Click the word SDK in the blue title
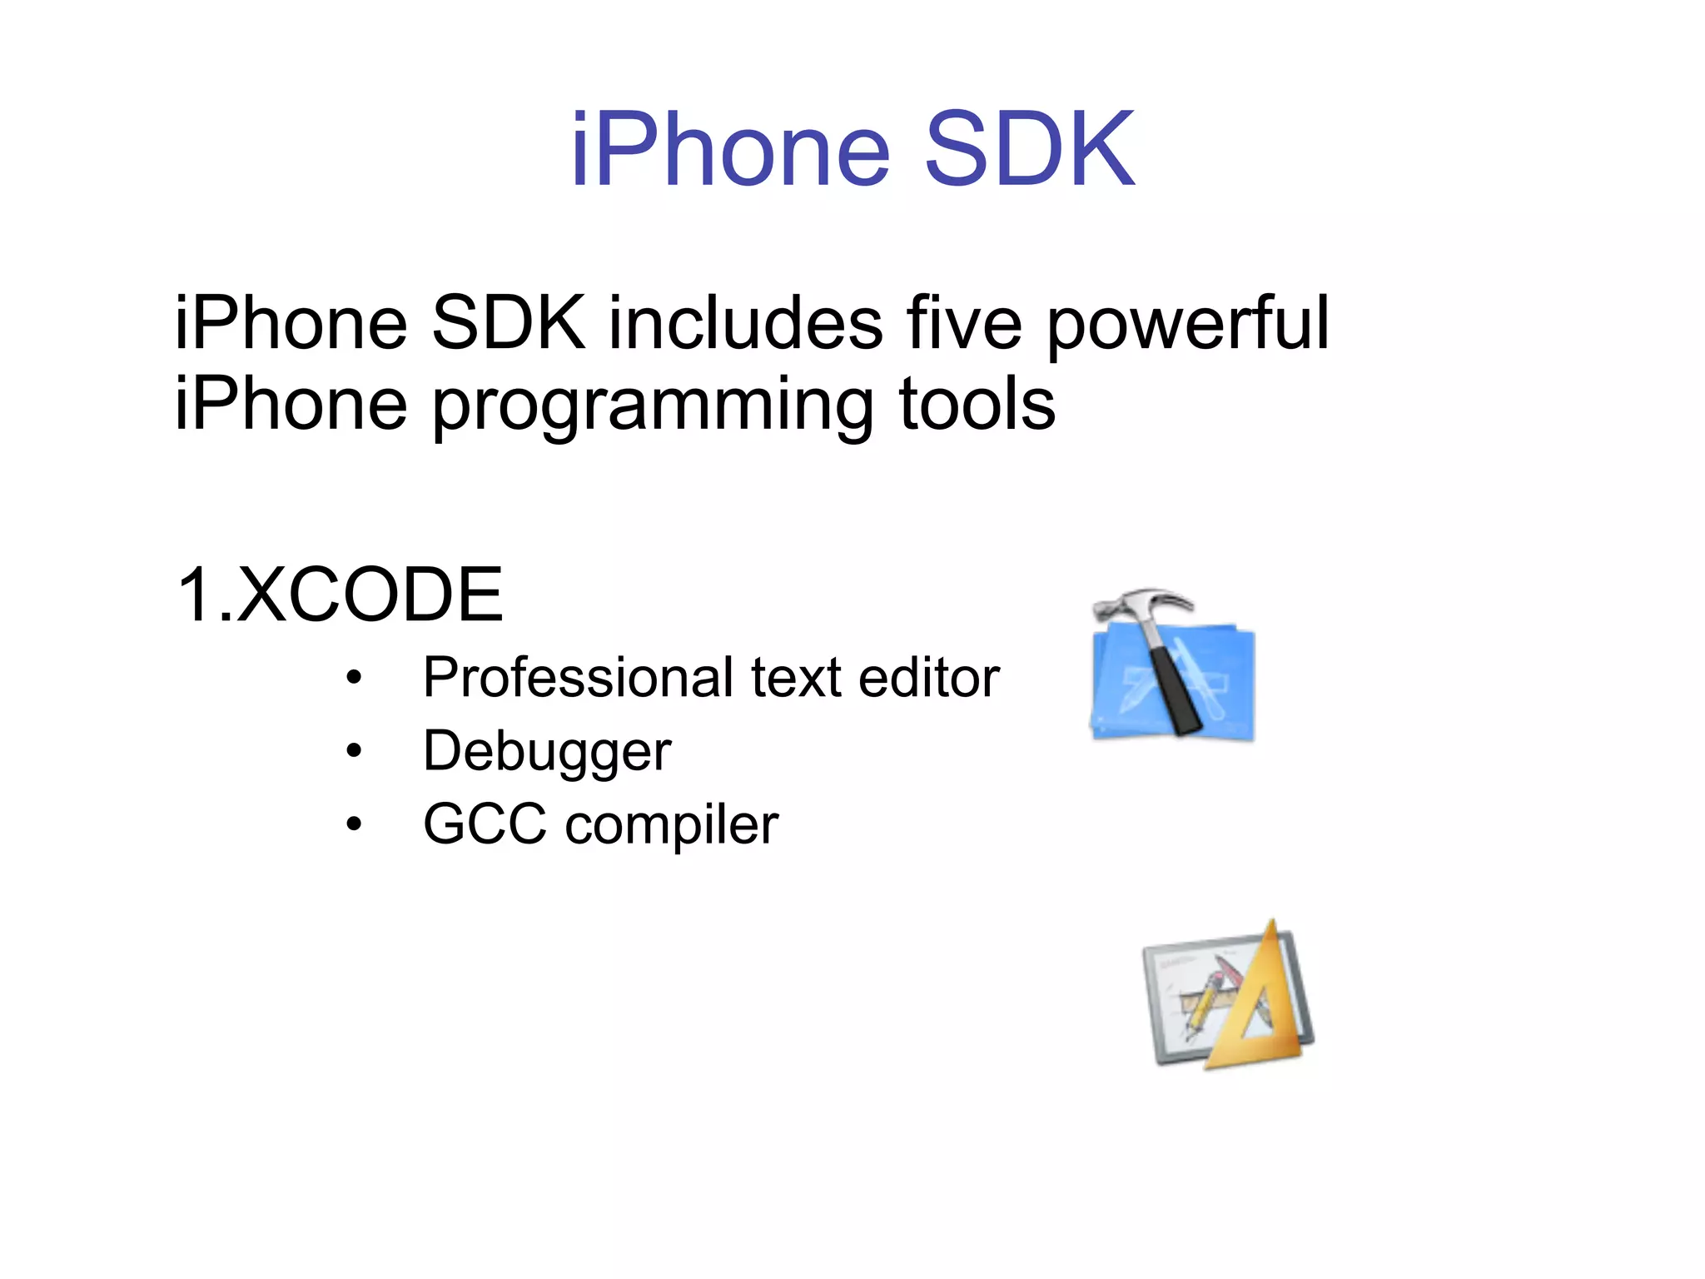pos(1029,150)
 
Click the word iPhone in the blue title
pos(731,150)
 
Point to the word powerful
pos(1187,325)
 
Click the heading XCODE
pos(370,595)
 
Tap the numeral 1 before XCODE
pos(196,595)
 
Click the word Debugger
pos(547,751)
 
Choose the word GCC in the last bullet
pos(485,824)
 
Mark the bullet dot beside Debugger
pos(355,751)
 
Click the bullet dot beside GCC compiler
pos(355,824)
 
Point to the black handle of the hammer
pos(1174,691)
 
